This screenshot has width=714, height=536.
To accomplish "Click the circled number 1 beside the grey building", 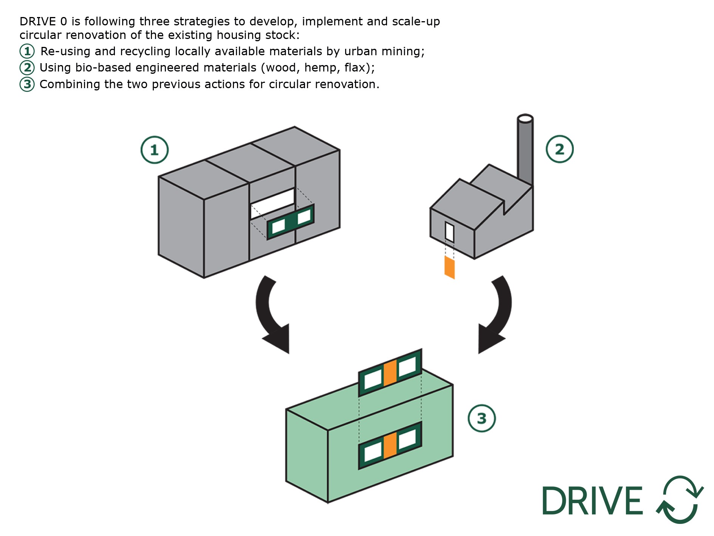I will coord(154,150).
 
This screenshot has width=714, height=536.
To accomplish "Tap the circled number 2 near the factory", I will coord(559,149).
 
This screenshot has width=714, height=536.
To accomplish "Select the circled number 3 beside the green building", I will coord(482,418).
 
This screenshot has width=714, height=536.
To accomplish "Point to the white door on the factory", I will coord(449,231).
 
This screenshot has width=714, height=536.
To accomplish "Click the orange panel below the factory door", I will coord(449,267).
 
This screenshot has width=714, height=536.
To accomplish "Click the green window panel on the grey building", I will coord(290,222).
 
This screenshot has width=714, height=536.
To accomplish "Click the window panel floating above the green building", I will coord(390,372).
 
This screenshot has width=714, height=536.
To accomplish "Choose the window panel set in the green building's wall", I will coord(390,445).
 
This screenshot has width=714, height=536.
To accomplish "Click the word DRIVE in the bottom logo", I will coord(592,500).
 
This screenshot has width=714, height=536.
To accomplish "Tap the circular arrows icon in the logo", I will coord(680,499).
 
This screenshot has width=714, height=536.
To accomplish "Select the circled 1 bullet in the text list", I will coord(27,51).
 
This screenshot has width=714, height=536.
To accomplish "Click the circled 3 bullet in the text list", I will coord(27,84).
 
